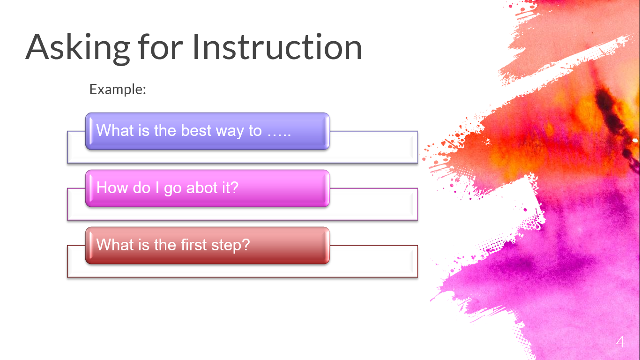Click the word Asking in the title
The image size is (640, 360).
[x=78, y=48]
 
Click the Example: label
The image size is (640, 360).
[x=118, y=89]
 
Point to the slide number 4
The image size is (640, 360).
[x=620, y=342]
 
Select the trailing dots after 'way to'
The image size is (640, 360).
[x=279, y=135]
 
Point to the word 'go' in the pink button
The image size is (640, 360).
[x=173, y=189]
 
